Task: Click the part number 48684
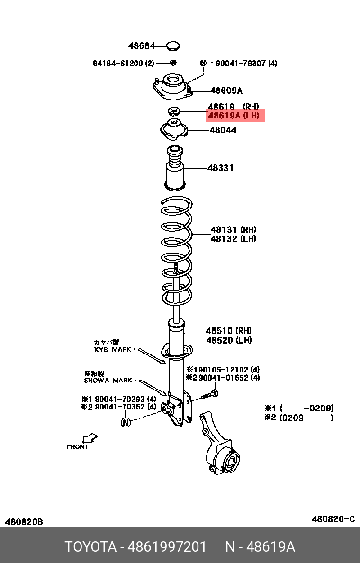pos(142,46)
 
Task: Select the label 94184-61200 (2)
pos(124,63)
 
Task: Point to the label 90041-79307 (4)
pos(246,63)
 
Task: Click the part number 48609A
pos(226,91)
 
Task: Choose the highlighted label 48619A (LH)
pos(235,116)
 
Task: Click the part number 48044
pos(223,130)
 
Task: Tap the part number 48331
pos(220,168)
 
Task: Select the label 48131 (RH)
pos(233,230)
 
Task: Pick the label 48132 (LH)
pos(233,239)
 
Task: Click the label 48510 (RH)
pos(228,331)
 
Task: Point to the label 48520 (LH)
pos(228,340)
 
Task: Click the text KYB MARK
pos(113,349)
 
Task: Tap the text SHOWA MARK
pos(108,380)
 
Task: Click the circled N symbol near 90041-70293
pos(126,422)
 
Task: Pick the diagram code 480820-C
pos(333,519)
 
